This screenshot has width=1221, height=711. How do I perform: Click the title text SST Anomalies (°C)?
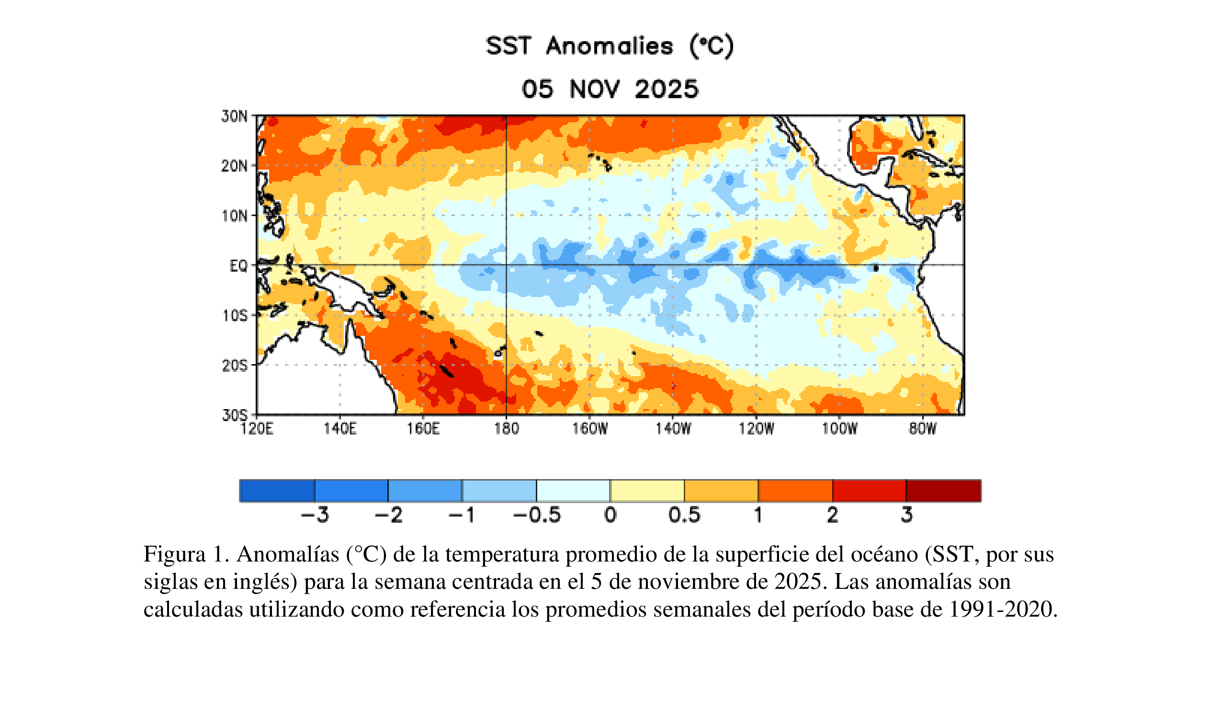pos(610,46)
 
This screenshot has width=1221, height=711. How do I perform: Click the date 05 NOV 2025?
pos(610,89)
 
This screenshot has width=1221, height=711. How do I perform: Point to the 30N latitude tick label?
pos(235,116)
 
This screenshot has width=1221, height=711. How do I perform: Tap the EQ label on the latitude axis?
pos(238,265)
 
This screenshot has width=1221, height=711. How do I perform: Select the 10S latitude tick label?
pos(235,316)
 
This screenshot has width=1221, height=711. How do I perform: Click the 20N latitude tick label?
pos(235,166)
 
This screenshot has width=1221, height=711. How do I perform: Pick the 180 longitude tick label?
pos(506,428)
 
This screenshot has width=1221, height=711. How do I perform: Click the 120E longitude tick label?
pos(257,428)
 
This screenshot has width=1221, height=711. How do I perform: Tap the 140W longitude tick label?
pos(673,428)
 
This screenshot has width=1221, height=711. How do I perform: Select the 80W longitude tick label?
pos(923,428)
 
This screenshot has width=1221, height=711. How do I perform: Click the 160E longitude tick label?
pos(423,428)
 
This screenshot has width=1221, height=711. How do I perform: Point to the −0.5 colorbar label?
pos(536,515)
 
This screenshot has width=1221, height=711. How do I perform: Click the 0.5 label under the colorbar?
pos(684,515)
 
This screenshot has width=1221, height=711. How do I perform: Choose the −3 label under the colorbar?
pos(315,515)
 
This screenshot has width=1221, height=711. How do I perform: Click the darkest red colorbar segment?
pos(943,491)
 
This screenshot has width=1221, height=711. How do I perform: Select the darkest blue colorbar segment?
pos(277,491)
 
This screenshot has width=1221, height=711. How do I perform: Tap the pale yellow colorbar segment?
pos(647,491)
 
